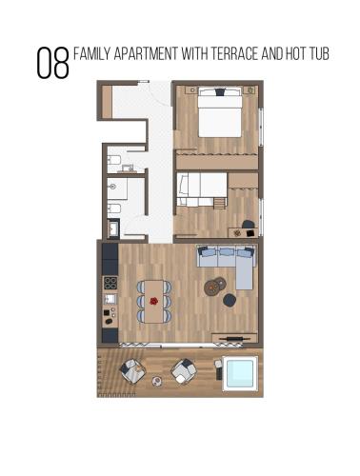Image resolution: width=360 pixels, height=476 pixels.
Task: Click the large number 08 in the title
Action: (x=52, y=63)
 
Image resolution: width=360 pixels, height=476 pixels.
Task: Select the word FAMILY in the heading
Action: (x=92, y=54)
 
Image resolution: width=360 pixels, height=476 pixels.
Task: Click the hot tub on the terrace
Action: (x=240, y=373)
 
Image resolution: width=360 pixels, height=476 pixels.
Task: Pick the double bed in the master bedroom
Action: (x=220, y=112)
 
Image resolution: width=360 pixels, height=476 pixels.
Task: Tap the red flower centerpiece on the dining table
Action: (x=154, y=301)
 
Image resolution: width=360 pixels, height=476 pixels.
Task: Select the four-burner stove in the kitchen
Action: (x=110, y=283)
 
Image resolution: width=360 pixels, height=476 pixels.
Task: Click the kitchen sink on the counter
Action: (x=110, y=299)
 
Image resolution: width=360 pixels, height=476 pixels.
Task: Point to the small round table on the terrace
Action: (x=157, y=381)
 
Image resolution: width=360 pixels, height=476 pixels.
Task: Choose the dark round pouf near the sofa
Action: (x=230, y=300)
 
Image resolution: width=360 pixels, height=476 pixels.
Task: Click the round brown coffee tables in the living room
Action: (x=215, y=287)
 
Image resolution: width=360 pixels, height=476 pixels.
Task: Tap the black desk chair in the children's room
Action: (x=249, y=225)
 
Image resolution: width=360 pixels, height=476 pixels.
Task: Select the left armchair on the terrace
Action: (x=132, y=371)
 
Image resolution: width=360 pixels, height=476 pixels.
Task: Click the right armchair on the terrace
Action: (x=184, y=371)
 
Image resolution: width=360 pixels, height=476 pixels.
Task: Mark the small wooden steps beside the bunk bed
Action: (x=219, y=203)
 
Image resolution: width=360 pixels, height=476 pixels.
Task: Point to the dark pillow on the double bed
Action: (x=220, y=92)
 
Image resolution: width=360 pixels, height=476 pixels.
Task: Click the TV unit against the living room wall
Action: (x=234, y=338)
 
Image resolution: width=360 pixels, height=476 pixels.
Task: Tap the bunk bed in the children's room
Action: (x=202, y=189)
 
